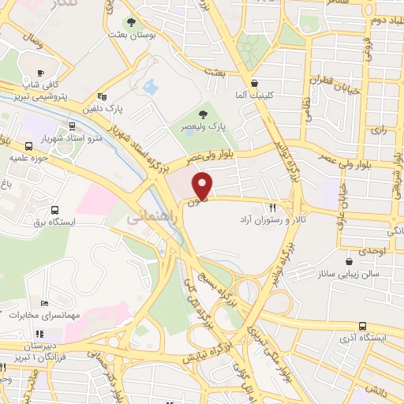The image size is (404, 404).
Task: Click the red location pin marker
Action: [204, 185]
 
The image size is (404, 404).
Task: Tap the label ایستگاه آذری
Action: [372, 338]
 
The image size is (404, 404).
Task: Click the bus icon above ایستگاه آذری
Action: [362, 325]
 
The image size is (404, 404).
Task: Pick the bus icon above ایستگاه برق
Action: [54, 210]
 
